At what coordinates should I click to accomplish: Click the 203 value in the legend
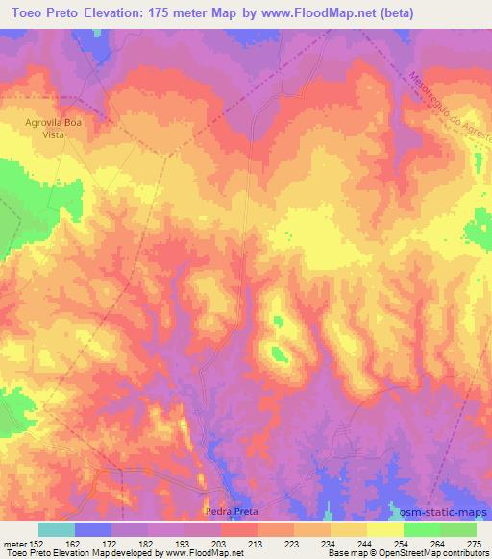click(220, 544)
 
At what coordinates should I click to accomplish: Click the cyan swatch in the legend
click(57, 529)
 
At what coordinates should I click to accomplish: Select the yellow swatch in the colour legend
click(385, 529)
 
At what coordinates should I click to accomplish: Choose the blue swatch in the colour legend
click(93, 529)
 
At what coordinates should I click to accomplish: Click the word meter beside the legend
click(12, 544)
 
